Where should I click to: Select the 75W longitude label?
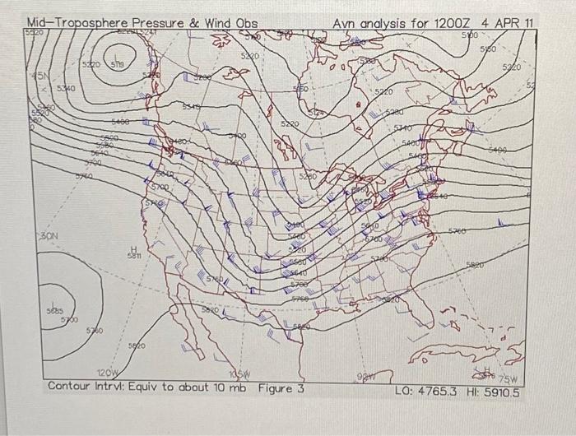tap(507, 378)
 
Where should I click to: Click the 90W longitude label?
tap(364, 377)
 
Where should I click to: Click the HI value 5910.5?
tap(499, 392)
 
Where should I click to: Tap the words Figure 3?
tap(281, 387)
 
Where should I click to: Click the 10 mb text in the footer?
tap(225, 387)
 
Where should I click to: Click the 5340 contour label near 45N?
tap(67, 87)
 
